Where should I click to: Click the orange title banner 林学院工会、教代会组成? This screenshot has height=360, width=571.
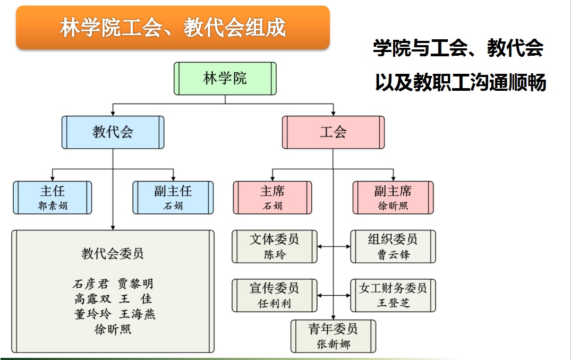(x=173, y=27)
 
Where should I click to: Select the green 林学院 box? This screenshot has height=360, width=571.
(x=225, y=78)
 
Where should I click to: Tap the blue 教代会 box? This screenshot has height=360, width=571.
(x=113, y=132)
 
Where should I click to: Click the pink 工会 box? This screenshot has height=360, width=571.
(x=333, y=132)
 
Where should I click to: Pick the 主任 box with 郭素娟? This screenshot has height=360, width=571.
(x=53, y=198)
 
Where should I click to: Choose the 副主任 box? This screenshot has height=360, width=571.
(x=173, y=198)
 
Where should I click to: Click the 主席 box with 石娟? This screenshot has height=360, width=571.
(x=272, y=198)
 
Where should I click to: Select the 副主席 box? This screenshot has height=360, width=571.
(x=393, y=198)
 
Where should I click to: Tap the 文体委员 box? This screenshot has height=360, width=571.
(x=275, y=246)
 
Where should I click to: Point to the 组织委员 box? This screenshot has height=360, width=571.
(x=393, y=246)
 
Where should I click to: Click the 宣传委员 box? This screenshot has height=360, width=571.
(x=275, y=296)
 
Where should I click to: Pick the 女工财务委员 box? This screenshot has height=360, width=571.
(x=393, y=296)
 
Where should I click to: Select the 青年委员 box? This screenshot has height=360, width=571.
(x=333, y=336)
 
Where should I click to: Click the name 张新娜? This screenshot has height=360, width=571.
(x=333, y=344)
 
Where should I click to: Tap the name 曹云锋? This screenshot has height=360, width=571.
(x=393, y=254)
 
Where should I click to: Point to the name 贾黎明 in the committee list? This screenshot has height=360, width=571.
(x=135, y=283)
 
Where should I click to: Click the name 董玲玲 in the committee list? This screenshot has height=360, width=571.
(x=92, y=314)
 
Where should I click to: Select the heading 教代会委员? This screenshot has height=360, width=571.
(x=113, y=253)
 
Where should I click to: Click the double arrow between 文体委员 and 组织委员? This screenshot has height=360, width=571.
(x=334, y=246)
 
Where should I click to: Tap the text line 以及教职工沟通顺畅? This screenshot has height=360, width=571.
(x=461, y=82)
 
